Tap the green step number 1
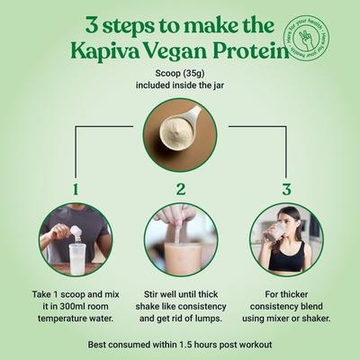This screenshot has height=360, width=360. point(75,190)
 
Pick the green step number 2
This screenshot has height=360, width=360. point(180,190)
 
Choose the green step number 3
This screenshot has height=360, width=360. point(286,190)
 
